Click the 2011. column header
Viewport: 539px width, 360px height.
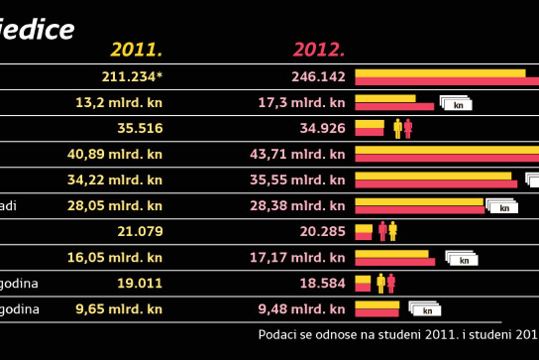(x=136, y=50)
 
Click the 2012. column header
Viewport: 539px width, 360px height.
(x=319, y=50)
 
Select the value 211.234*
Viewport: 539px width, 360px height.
(x=132, y=77)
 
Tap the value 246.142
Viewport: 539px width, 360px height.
(x=318, y=77)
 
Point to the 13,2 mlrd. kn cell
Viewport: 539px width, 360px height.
(x=119, y=103)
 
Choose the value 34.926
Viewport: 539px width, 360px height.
(x=323, y=128)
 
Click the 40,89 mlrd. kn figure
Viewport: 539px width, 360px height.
(x=115, y=154)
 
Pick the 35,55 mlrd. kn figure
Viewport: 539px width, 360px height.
(x=297, y=180)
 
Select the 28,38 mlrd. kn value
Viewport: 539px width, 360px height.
(x=297, y=206)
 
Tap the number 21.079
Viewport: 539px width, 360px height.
(x=140, y=232)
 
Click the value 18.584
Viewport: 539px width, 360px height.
(x=323, y=283)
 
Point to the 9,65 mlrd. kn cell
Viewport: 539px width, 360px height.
(x=119, y=309)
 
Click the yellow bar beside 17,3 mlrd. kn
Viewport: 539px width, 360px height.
(x=385, y=98)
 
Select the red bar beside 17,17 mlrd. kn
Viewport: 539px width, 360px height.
(x=395, y=262)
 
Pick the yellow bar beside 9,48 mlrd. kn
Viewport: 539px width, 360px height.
(x=377, y=305)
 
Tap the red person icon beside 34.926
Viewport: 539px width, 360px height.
(x=408, y=129)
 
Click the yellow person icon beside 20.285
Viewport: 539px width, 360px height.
(x=393, y=231)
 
